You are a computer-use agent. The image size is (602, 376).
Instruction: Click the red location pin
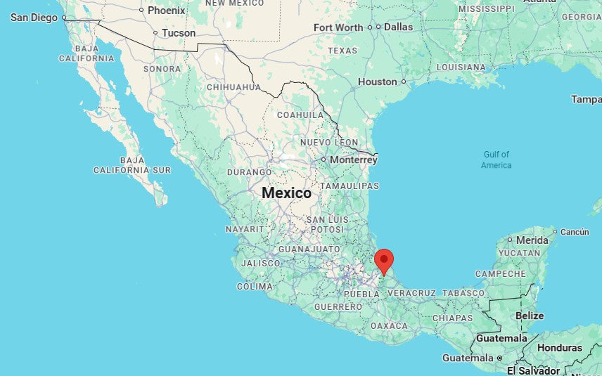tap(384, 261)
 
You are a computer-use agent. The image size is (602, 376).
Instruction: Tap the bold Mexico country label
tap(286, 193)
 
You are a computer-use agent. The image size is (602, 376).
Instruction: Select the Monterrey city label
tap(353, 160)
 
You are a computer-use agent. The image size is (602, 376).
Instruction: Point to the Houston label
tap(378, 82)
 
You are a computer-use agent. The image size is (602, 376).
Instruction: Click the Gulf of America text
tap(496, 160)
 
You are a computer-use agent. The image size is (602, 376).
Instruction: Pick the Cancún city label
tap(575, 231)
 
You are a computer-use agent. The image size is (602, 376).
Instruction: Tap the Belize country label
tap(530, 316)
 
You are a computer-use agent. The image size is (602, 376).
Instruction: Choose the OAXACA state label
tap(389, 325)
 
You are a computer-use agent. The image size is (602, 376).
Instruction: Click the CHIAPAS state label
tap(453, 318)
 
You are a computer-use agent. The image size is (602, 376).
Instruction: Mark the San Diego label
tap(34, 17)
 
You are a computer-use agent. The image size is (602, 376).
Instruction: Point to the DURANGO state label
tap(249, 171)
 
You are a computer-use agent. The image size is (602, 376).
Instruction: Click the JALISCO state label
tap(260, 263)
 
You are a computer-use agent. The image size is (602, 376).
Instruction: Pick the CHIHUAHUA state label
tap(233, 87)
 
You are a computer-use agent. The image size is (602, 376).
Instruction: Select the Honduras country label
tap(560, 348)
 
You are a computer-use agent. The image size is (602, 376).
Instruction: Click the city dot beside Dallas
tap(378, 27)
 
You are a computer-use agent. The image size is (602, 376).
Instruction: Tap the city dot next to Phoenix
tap(141, 10)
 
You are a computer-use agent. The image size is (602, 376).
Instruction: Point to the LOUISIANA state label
tap(461, 67)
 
